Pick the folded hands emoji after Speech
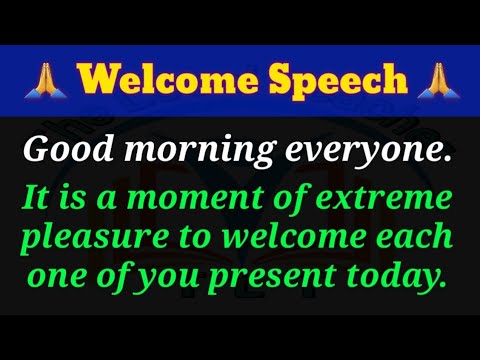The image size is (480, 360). tap(432, 77)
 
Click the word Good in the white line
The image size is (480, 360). tap(62, 150)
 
